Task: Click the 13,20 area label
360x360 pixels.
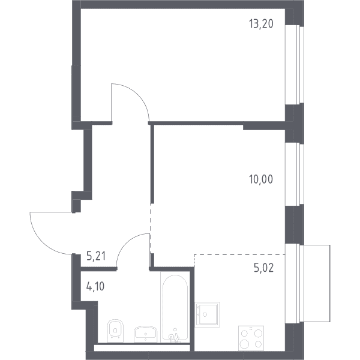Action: [x=261, y=24]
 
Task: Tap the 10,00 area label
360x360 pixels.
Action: [x=261, y=179]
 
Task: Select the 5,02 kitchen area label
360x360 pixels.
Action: [x=264, y=268]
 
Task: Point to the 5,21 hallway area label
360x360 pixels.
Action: [x=96, y=256]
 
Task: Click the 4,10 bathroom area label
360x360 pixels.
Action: [x=95, y=286]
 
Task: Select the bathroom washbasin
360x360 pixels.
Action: [x=146, y=334]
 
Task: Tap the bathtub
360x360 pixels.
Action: [x=175, y=307]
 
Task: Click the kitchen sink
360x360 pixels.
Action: [x=208, y=314]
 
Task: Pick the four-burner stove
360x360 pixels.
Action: [x=251, y=338]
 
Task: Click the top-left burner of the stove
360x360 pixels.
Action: [x=245, y=333]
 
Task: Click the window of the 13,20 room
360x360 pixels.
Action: [x=295, y=65]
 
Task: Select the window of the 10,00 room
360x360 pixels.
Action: [x=295, y=175]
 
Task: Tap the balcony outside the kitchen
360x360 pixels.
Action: [x=316, y=283]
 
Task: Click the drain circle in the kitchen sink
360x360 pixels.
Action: [x=205, y=314]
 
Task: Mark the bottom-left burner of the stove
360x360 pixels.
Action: [x=244, y=344]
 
